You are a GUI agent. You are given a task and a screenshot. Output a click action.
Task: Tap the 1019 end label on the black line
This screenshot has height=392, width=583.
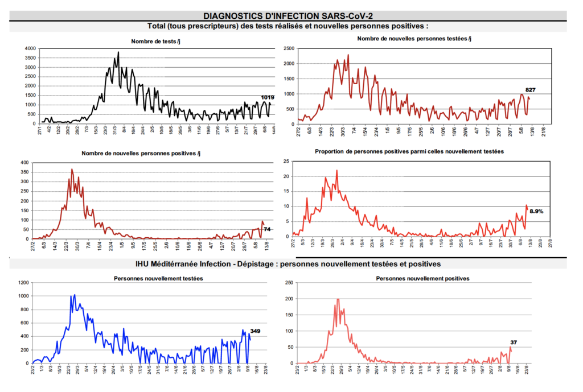click(268, 97)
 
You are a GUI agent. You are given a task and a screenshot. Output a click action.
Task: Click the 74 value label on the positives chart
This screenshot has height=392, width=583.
click(267, 229)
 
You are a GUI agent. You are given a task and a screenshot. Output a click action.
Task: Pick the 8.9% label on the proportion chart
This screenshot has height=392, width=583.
click(536, 211)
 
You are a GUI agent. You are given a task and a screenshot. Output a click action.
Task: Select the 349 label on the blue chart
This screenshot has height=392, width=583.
click(256, 331)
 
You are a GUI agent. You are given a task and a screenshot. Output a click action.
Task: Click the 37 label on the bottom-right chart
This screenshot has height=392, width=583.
click(514, 342)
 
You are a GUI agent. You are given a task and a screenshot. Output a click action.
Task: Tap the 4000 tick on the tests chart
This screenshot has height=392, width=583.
click(30, 49)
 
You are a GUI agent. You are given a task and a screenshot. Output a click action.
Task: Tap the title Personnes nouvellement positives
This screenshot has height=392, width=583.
click(424, 278)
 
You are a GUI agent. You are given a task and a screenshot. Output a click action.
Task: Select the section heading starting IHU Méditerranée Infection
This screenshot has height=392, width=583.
click(288, 264)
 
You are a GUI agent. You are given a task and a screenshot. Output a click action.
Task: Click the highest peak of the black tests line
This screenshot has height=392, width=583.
click(118, 52)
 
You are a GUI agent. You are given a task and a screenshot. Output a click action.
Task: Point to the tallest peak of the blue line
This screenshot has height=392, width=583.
click(75, 295)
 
